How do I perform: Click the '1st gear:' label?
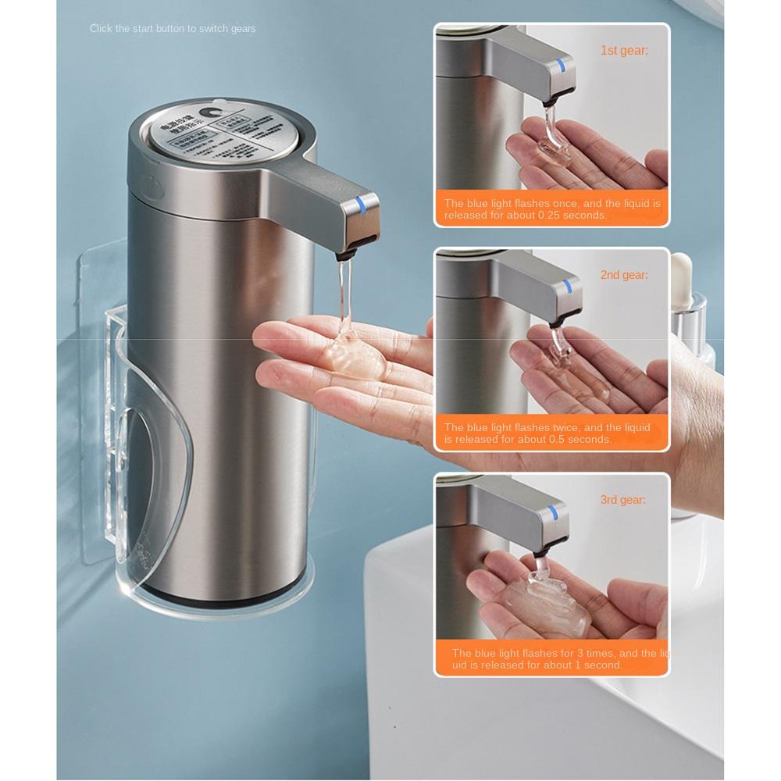(x=624, y=51)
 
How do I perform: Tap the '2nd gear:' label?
(x=624, y=275)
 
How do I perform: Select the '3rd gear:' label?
(x=623, y=500)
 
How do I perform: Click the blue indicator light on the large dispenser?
(x=360, y=205)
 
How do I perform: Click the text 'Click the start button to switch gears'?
(x=173, y=29)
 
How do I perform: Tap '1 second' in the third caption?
(x=599, y=665)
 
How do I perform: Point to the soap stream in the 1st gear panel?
(x=550, y=125)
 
